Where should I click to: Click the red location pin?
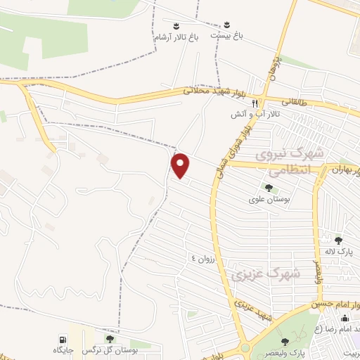pyautogui.click(x=181, y=165)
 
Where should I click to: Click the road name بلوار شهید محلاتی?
pyautogui.click(x=214, y=90)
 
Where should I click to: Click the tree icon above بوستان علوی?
pyautogui.click(x=268, y=188)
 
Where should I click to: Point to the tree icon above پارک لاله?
pyautogui.click(x=338, y=240)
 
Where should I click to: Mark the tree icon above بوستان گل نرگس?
pyautogui.click(x=108, y=339)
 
